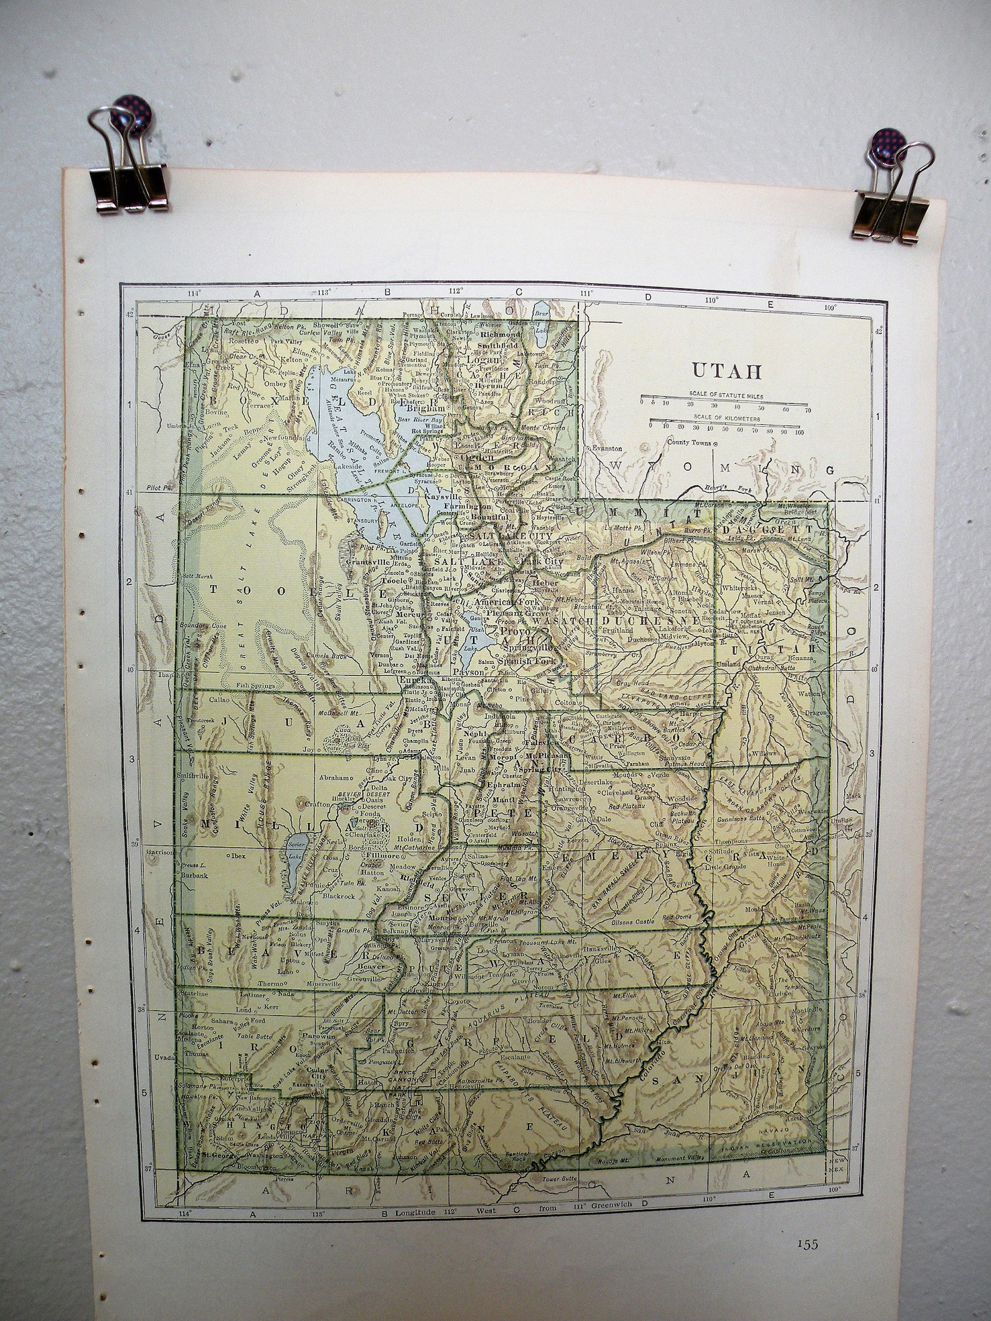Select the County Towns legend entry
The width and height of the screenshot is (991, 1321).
pyautogui.click(x=690, y=443)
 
